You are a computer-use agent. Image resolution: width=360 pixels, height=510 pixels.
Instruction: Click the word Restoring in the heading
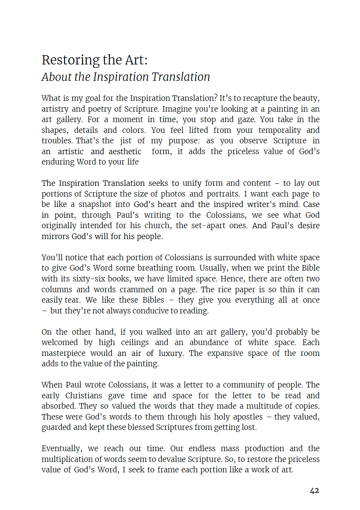coord(65,60)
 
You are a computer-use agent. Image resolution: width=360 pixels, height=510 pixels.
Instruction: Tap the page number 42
coord(314,490)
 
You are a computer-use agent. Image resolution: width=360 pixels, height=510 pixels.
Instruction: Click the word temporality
coord(280,130)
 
